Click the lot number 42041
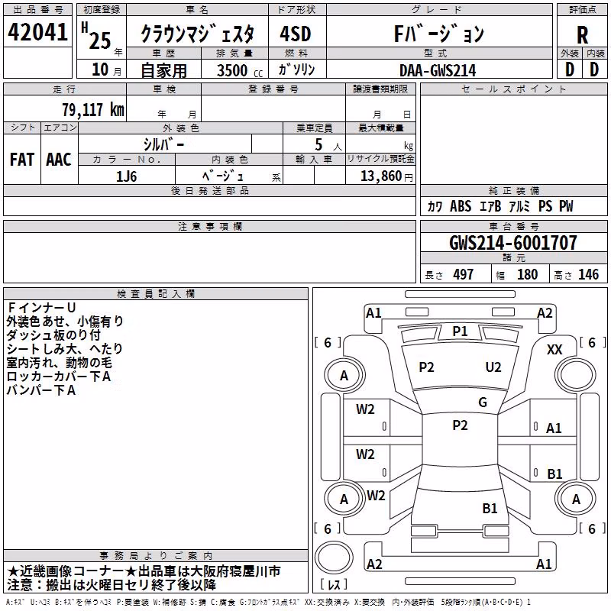[37, 32]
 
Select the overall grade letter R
[582, 35]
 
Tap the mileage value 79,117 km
[93, 110]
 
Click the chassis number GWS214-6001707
[512, 243]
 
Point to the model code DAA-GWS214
[438, 70]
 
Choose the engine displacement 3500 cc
[240, 70]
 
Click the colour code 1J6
[127, 176]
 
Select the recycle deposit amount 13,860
[380, 176]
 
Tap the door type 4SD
[296, 34]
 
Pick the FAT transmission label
[22, 160]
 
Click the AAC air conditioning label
[59, 160]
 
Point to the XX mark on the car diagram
[554, 350]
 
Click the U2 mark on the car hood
[493, 367]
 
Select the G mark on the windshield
[483, 402]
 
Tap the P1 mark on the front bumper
[460, 331]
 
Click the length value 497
[464, 275]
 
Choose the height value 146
[588, 275]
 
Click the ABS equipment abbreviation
[461, 206]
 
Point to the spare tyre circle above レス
[334, 558]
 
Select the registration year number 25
[100, 40]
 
